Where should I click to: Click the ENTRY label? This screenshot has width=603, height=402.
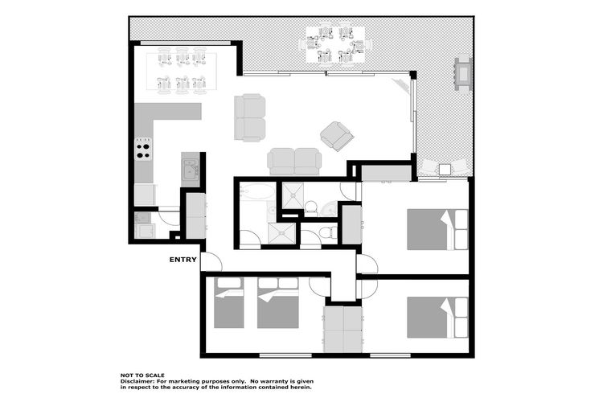[x=183, y=260]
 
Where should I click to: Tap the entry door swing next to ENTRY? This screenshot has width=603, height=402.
[x=210, y=262]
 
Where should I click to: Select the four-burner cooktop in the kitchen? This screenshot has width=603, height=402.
[x=143, y=151]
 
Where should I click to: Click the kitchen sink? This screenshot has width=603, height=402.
[x=190, y=169]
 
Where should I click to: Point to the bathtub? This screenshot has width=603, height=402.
[x=256, y=194]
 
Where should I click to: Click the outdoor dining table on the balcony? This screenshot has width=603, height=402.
[x=334, y=45]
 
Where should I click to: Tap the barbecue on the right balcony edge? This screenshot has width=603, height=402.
[x=463, y=73]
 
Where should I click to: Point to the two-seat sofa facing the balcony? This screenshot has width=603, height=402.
[x=250, y=117]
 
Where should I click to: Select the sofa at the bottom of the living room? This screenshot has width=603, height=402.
[x=293, y=161]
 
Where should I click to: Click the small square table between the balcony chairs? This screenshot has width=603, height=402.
[x=445, y=170]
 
